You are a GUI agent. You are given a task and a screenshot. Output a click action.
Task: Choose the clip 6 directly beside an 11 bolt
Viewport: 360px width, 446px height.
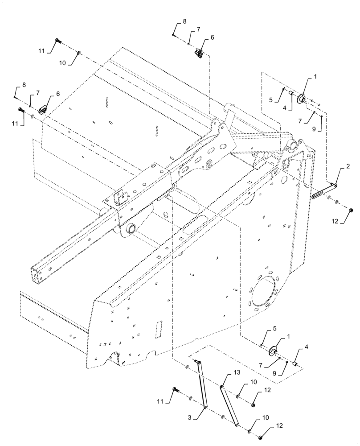(x=45, y=109)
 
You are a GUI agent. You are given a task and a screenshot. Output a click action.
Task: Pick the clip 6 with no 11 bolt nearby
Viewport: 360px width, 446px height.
(x=198, y=54)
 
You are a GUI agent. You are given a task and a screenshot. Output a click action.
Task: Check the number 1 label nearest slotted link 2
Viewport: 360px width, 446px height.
(x=315, y=77)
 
